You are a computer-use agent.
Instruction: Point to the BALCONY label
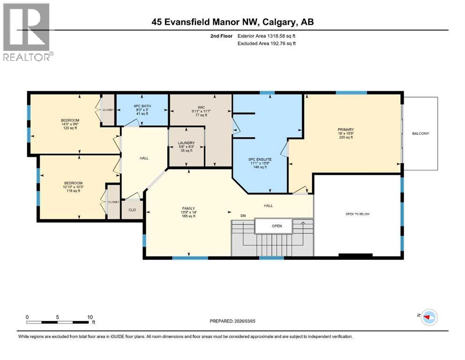tap(420, 134)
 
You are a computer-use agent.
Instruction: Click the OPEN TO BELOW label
tap(357, 214)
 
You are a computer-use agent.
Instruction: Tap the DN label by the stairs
tap(243, 216)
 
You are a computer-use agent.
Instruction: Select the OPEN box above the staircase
tap(277, 226)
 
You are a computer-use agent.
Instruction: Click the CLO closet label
tap(132, 210)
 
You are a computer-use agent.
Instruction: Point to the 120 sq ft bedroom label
tap(70, 124)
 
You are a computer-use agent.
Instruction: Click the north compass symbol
tap(428, 317)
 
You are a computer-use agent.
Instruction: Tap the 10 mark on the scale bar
tap(89, 317)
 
